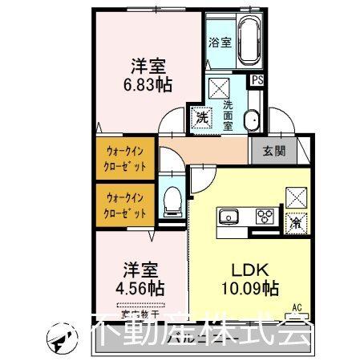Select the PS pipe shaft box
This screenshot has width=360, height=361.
257,80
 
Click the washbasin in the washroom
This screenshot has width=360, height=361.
252,120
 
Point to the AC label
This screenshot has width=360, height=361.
297,306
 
